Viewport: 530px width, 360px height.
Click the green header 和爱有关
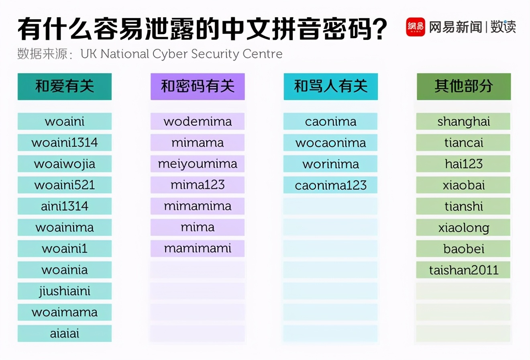click(x=65, y=86)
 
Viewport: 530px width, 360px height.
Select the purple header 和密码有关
click(x=198, y=86)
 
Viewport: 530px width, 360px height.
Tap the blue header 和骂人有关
click(x=330, y=86)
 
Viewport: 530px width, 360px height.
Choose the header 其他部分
click(x=464, y=86)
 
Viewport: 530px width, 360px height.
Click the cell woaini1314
click(x=65, y=143)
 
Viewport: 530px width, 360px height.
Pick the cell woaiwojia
click(x=65, y=164)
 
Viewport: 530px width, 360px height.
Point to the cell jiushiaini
click(x=65, y=291)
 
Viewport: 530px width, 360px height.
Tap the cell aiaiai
click(x=65, y=333)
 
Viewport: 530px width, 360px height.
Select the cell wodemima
click(x=198, y=121)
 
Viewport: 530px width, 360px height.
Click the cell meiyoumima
click(x=198, y=164)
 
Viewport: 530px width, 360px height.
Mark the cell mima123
click(x=198, y=185)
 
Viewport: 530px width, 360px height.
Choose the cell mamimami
click(x=198, y=249)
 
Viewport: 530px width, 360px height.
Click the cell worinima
click(x=330, y=164)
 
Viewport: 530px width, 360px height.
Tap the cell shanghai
click(x=463, y=121)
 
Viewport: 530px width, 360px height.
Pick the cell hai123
click(x=463, y=164)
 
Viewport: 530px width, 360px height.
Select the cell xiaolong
click(x=463, y=228)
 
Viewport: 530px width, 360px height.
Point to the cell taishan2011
click(x=463, y=270)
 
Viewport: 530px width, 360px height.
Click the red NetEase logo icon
click(x=415, y=27)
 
